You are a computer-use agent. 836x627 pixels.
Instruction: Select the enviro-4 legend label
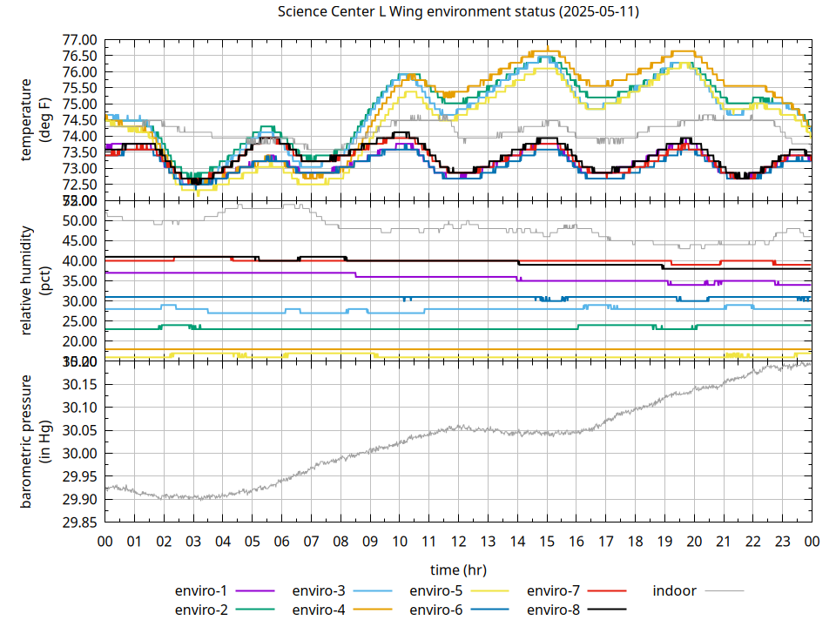point(319,609)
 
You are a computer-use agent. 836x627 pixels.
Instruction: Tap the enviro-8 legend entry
point(554,609)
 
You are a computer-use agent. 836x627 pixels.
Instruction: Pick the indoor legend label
point(675,590)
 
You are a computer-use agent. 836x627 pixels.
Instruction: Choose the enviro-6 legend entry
point(436,609)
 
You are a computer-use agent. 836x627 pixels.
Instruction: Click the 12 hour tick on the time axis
point(458,542)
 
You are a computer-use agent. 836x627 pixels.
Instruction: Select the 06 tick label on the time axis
point(281,542)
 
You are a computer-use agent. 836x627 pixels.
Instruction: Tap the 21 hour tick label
point(723,542)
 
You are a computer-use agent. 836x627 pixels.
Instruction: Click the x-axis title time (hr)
point(458,570)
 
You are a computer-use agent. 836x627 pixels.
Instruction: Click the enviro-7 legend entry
point(554,590)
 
